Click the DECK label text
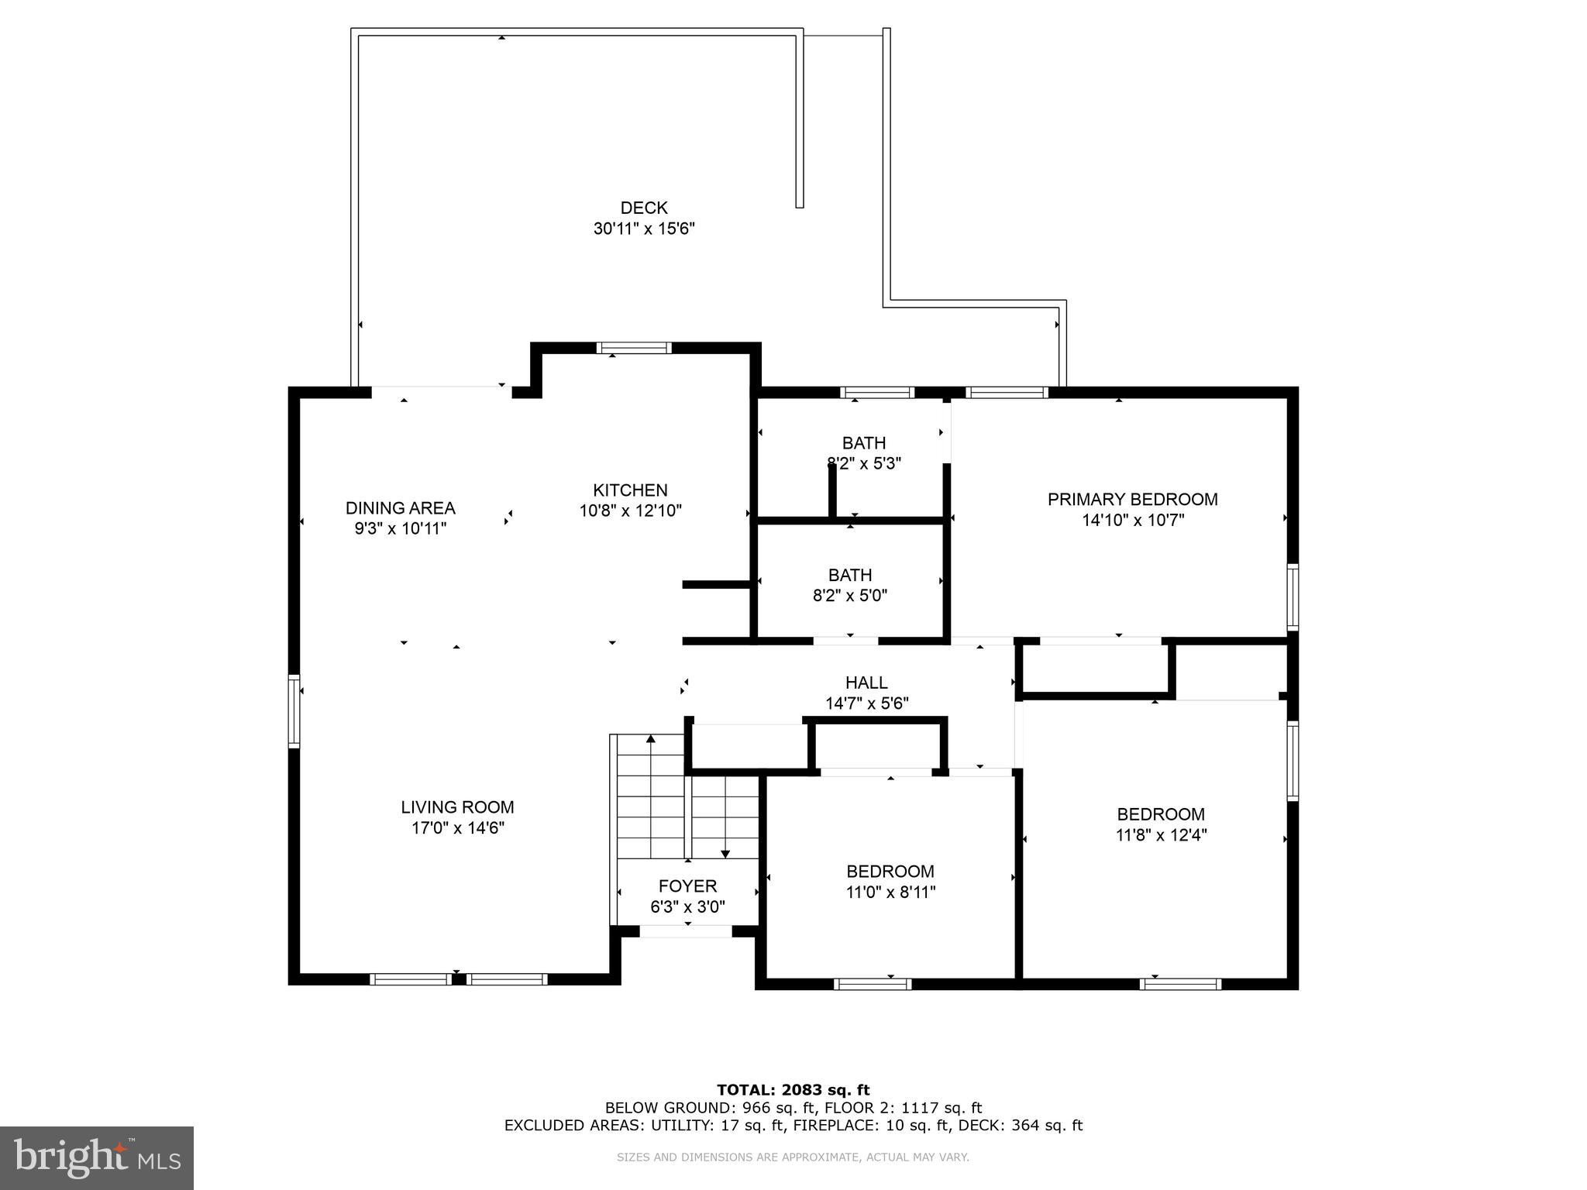coord(643,208)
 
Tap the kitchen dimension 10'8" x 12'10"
coord(630,511)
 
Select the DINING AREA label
coord(400,508)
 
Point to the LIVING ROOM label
coord(457,807)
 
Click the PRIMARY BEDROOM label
coord(1132,500)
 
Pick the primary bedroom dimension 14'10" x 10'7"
coord(1133,521)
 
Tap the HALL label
coord(866,683)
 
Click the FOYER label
coord(687,886)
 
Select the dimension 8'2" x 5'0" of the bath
coord(849,596)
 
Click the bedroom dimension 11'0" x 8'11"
coord(890,892)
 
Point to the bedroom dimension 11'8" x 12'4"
coord(1161,835)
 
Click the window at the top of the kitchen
coord(634,348)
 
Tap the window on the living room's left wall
coord(294,710)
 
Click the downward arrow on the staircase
coord(725,852)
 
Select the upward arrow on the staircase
coord(651,739)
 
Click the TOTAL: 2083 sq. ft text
coord(793,1090)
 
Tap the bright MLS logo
coord(96,1157)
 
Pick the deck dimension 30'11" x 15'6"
coord(643,229)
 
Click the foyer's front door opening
coord(686,931)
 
